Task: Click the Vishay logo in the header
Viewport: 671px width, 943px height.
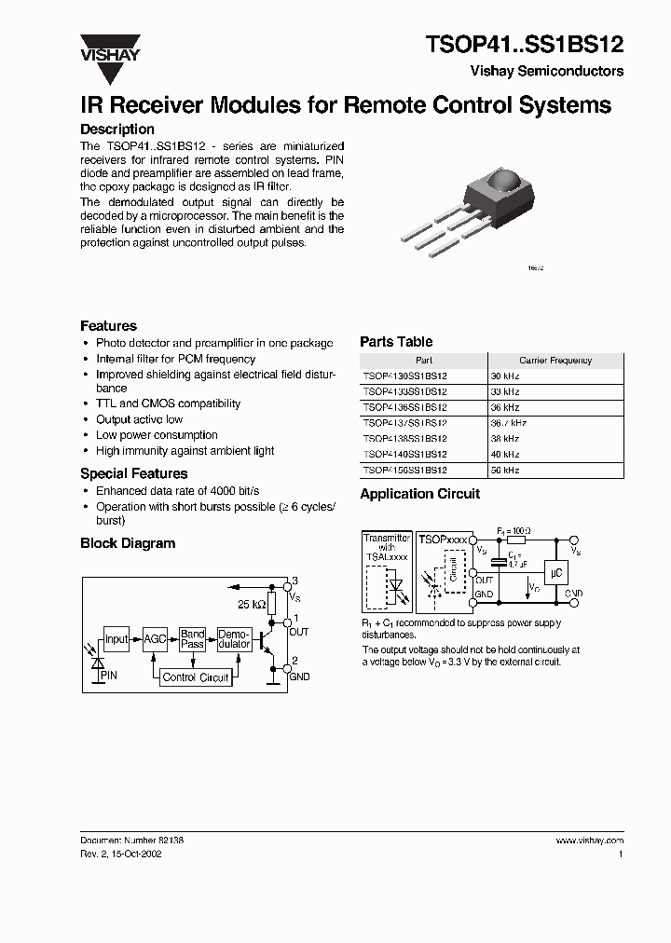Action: pos(109,47)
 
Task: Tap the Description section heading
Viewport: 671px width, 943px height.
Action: pos(117,130)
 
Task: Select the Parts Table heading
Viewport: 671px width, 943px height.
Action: pos(396,342)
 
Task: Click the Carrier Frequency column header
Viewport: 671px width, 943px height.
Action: pos(555,360)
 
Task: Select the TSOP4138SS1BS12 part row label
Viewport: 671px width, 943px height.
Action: pos(405,439)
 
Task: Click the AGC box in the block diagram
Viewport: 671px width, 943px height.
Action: pos(155,639)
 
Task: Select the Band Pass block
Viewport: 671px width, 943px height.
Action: pos(193,639)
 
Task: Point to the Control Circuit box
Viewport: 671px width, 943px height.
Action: pos(196,677)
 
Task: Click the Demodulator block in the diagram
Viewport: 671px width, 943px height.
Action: pos(234,639)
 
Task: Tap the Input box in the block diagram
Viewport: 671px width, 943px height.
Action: pos(116,639)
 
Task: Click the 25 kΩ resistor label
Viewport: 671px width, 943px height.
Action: pos(252,605)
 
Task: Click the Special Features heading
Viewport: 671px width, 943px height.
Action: pos(133,473)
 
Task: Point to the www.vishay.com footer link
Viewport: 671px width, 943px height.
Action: pos(589,840)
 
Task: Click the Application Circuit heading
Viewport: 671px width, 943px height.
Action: pos(420,494)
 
